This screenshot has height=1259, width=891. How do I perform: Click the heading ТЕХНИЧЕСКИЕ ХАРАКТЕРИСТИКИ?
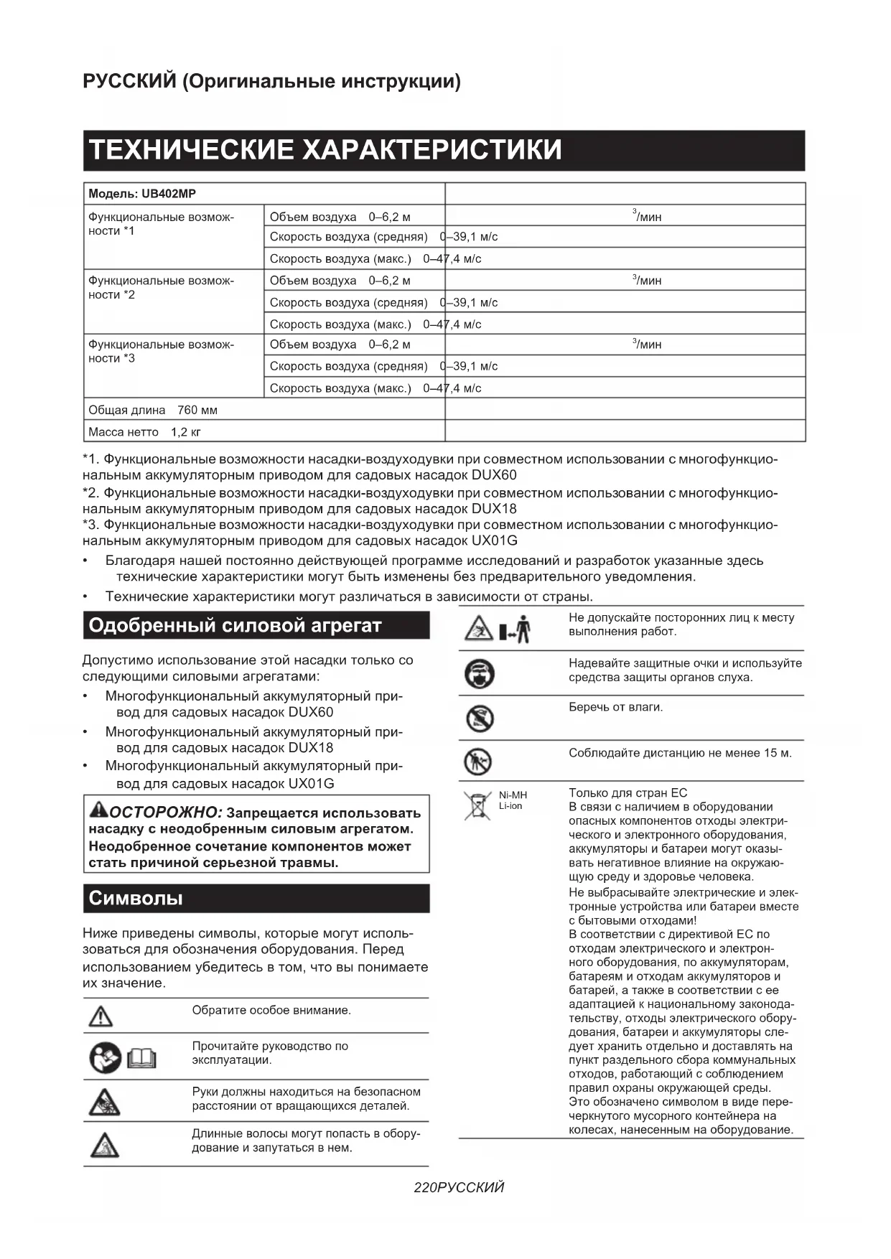coord(325,150)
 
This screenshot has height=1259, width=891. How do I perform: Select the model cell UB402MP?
coord(142,194)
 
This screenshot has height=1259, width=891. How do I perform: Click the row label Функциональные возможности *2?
coord(161,287)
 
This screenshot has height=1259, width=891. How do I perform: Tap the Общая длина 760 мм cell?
coord(153,410)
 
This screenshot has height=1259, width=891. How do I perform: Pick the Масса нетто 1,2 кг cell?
coord(144,432)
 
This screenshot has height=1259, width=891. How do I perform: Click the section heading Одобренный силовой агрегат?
coord(235,625)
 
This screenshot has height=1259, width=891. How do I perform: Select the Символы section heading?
coord(136,898)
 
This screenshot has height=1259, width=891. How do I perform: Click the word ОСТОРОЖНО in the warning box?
coord(166,813)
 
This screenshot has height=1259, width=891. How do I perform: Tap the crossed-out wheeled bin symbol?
coord(476,805)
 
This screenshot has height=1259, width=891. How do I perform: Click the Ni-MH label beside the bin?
coord(513,795)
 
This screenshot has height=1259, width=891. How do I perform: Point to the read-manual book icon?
coord(141,1058)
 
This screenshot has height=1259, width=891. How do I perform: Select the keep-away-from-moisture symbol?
coord(479,718)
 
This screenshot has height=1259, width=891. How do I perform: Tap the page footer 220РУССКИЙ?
coord(459,1187)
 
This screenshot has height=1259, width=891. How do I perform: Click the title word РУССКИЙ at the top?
coord(129,81)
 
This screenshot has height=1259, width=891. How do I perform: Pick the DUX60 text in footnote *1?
coord(494,475)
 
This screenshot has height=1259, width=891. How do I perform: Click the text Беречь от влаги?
coord(615,707)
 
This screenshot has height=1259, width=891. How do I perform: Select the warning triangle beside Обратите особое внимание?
coord(101,1016)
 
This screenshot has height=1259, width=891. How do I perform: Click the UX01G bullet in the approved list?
coord(311,783)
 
